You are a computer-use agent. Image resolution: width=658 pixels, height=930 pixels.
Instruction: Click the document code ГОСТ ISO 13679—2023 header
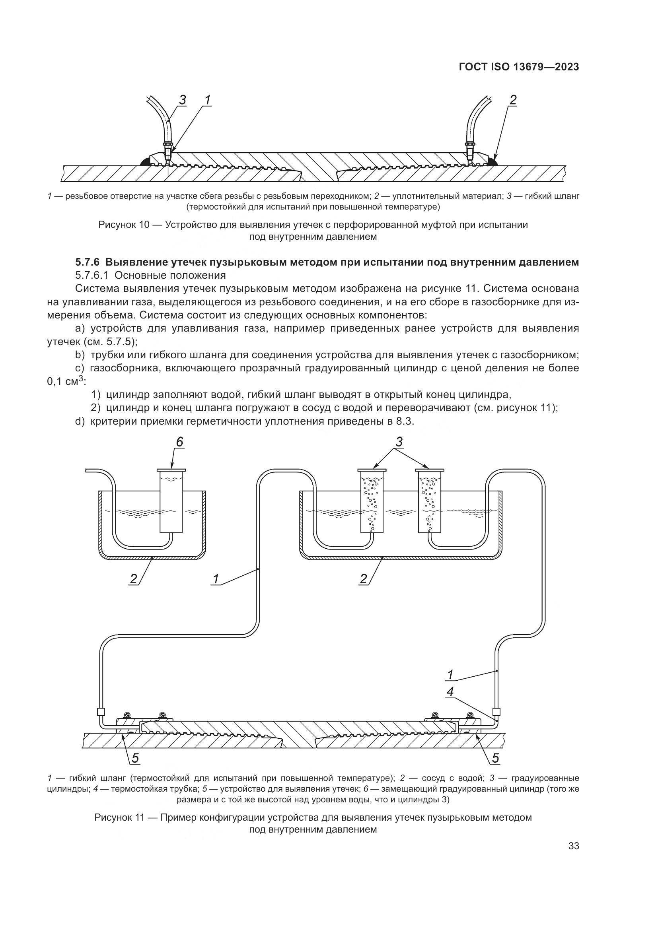(519, 67)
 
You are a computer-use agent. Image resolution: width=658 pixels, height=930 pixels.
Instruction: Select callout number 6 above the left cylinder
(179, 442)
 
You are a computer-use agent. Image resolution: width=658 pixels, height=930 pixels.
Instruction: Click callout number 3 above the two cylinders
(399, 442)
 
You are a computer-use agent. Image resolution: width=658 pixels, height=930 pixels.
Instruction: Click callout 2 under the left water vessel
(133, 579)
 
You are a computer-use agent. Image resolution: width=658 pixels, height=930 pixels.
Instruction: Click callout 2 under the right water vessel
(363, 579)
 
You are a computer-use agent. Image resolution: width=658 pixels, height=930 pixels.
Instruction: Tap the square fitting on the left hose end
(101, 712)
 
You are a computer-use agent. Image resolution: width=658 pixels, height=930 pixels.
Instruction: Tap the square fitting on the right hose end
(496, 712)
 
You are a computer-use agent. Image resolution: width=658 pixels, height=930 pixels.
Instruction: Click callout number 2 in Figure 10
(513, 100)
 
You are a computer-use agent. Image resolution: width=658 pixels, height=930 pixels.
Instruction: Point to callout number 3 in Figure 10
(182, 100)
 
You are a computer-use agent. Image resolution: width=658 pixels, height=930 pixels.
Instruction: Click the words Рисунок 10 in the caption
(124, 224)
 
